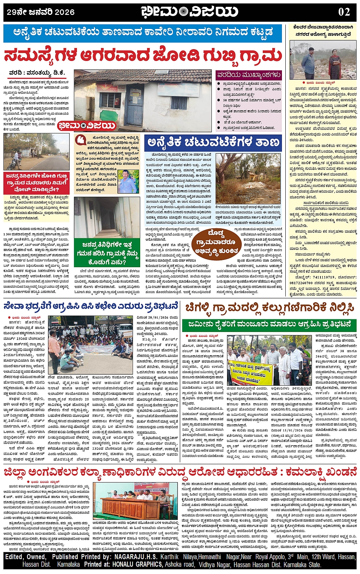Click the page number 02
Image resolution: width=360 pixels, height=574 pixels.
[344, 11]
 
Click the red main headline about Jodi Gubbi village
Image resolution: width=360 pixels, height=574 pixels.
[143, 56]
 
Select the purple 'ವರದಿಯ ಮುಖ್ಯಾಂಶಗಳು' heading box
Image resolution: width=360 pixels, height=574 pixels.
[249, 75]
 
